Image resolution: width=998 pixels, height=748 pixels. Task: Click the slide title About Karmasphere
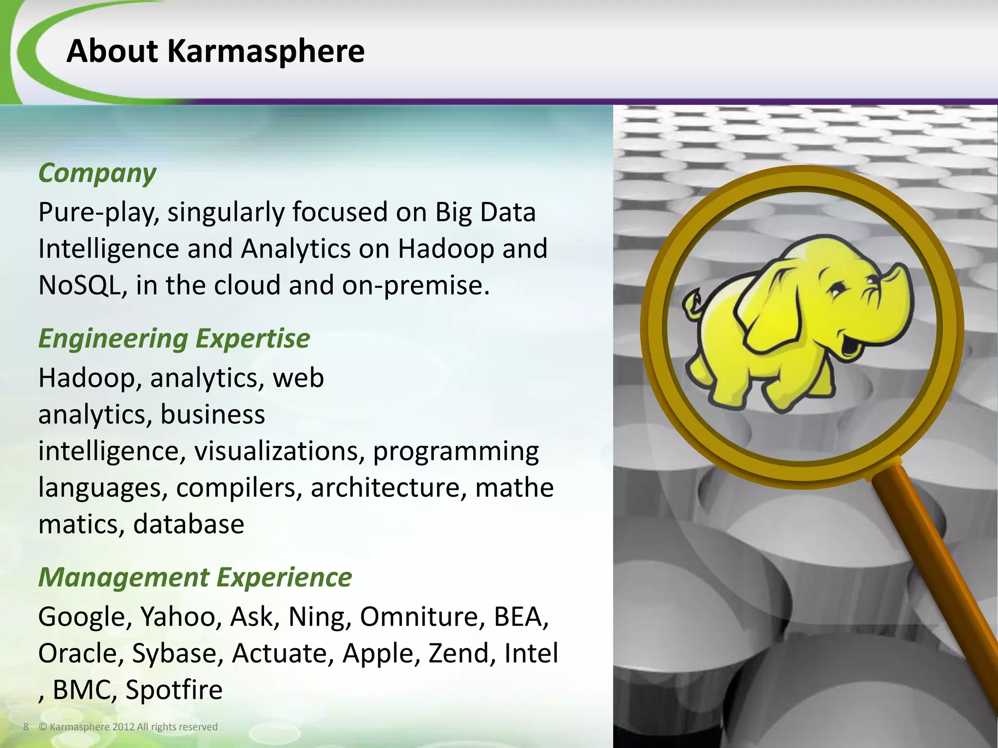coord(215,51)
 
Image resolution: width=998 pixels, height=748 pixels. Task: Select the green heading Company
coord(97,173)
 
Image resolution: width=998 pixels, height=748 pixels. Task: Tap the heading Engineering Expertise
coord(174,338)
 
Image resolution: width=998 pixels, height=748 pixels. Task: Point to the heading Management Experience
coord(195,578)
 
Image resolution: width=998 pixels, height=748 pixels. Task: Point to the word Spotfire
coord(173,690)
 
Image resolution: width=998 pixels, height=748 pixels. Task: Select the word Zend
coord(459,654)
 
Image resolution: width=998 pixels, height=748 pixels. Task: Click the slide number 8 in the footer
coord(26,727)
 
